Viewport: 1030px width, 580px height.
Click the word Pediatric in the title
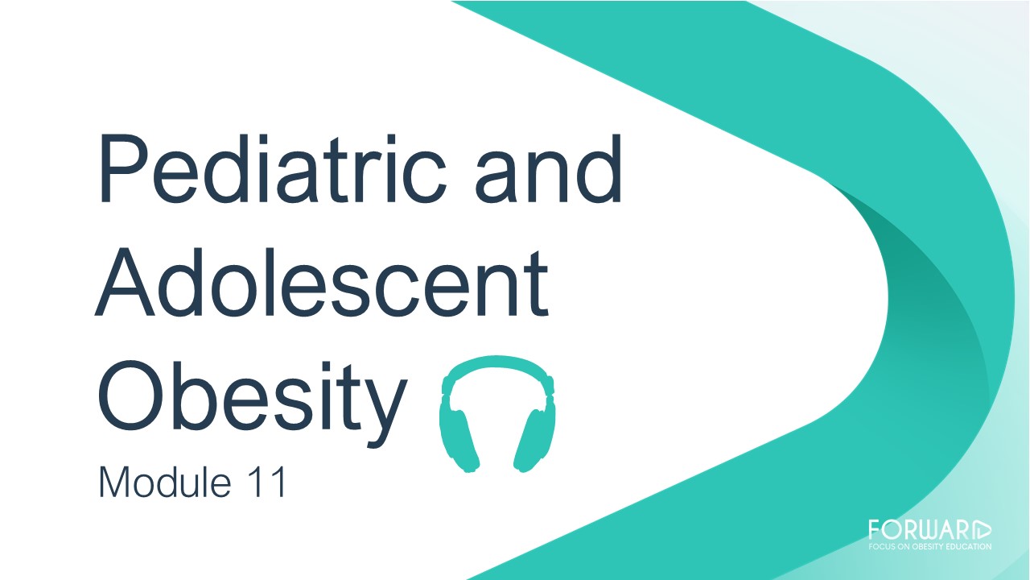click(x=272, y=168)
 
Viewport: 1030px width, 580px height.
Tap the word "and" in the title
click(x=549, y=168)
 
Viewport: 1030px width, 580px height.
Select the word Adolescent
click(x=321, y=282)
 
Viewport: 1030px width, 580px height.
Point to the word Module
click(x=165, y=482)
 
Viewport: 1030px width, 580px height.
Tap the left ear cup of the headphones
click(x=459, y=438)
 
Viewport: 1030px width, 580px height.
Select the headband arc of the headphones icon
click(x=497, y=363)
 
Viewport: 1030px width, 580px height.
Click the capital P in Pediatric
click(x=126, y=168)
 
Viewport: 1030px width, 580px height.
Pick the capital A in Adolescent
click(x=124, y=282)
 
